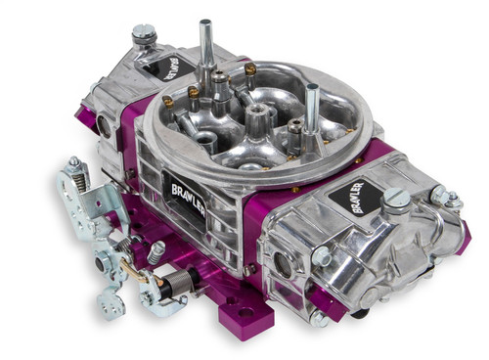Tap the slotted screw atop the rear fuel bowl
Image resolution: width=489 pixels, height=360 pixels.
click(x=144, y=36)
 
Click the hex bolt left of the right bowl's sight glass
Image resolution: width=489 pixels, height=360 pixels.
click(x=321, y=255)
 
